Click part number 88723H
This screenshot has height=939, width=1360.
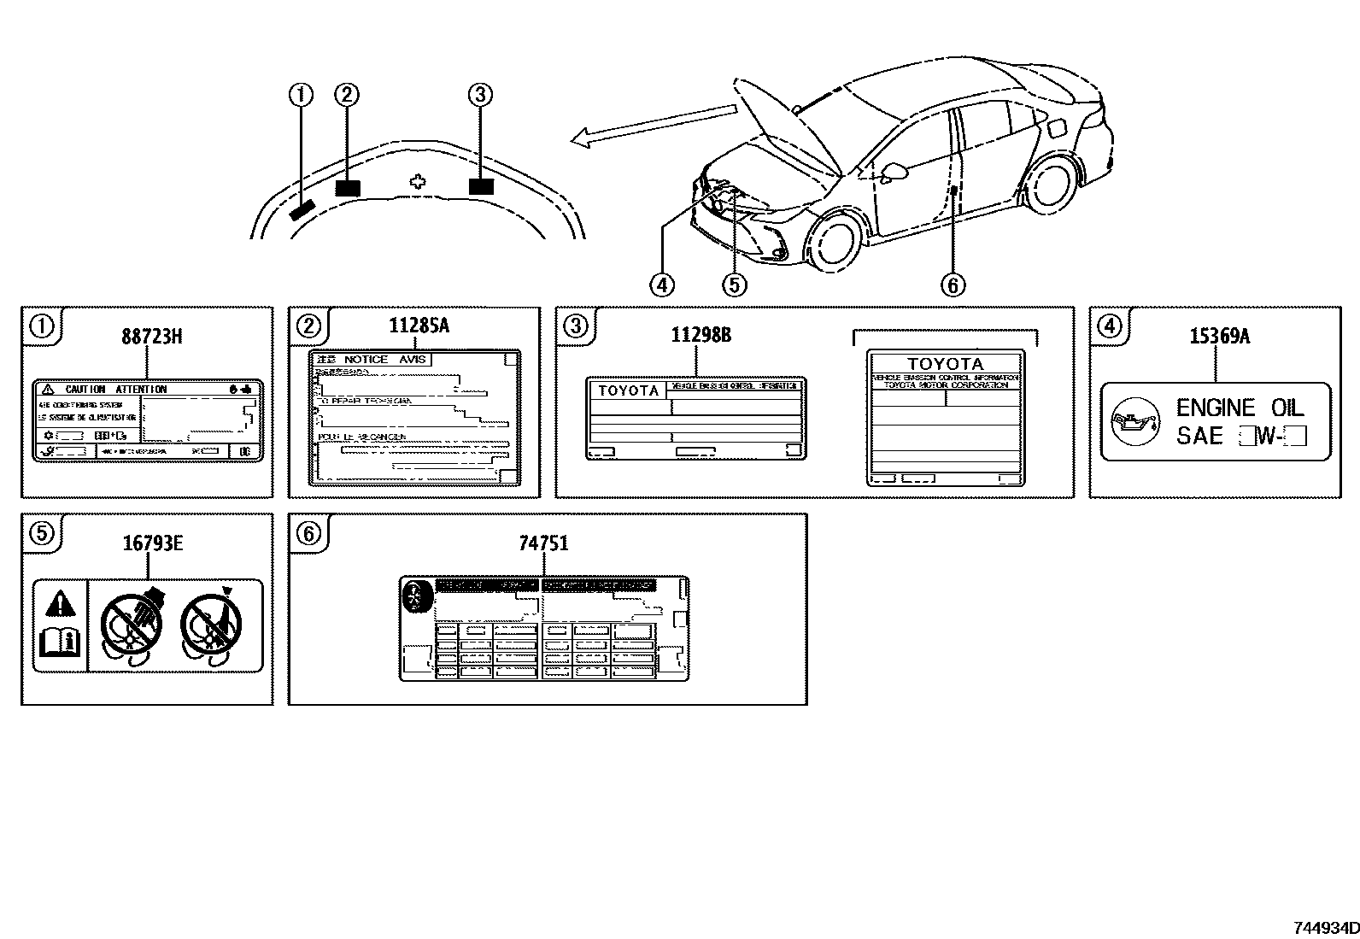pyautogui.click(x=151, y=337)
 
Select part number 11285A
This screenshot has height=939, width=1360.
pyautogui.click(x=419, y=326)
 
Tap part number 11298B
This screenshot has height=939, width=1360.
pyautogui.click(x=701, y=335)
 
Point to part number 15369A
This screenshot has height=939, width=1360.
pyautogui.click(x=1219, y=337)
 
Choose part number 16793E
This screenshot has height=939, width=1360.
pyautogui.click(x=153, y=543)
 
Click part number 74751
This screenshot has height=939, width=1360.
pyautogui.click(x=543, y=543)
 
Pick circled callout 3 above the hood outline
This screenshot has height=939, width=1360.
pyautogui.click(x=480, y=95)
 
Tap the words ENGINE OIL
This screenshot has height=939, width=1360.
pyautogui.click(x=1240, y=408)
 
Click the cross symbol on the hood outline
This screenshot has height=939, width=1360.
pyautogui.click(x=417, y=181)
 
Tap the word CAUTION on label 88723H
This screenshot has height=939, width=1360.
pyautogui.click(x=85, y=390)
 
